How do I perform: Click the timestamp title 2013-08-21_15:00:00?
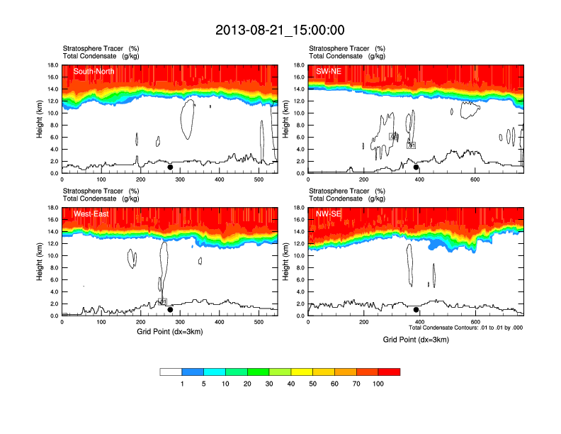280,30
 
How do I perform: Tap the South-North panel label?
94,71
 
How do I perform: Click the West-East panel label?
91,213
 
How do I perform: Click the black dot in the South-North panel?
170,167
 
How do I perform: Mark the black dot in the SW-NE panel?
416,167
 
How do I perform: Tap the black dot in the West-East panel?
170,310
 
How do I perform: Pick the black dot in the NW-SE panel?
416,310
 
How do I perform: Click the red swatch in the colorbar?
389,372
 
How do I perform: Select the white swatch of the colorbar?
171,372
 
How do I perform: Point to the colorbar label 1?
182,384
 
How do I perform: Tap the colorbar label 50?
312,384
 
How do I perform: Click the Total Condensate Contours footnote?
465,328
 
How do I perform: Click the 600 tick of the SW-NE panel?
475,179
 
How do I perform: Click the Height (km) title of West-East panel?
40,262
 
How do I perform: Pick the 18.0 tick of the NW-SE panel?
299,208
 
